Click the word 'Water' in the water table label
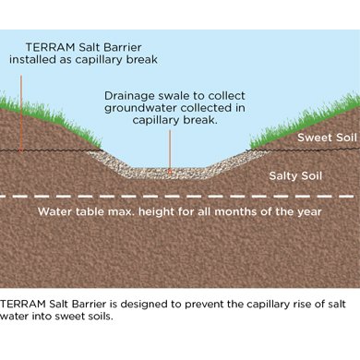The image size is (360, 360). click(54, 211)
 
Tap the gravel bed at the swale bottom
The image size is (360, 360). click(171, 172)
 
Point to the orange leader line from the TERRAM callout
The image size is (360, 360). click(21, 102)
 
